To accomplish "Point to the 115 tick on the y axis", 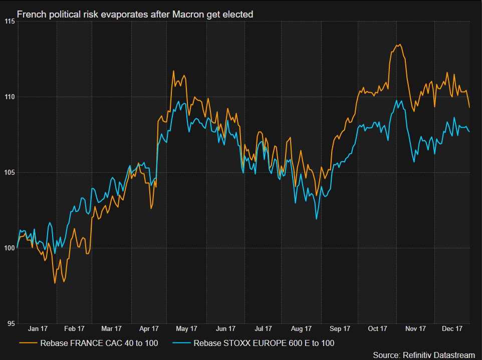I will pos(8,21).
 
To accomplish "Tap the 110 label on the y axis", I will pos(8,97).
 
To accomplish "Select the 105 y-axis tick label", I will pos(8,173).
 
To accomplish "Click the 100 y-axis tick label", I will pos(8,248).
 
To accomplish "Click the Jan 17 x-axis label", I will pos(37,329).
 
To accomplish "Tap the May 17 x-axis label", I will pos(186,329).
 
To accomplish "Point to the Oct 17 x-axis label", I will pos(377,329).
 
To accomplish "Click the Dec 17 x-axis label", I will pos(452,329).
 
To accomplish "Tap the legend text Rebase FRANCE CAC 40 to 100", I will pos(100,343).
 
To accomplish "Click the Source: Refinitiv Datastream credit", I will pos(424,354).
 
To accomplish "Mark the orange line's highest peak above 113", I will pos(399,45).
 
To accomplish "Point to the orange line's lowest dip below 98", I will pos(55,283).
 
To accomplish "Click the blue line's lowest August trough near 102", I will pos(317,219).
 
